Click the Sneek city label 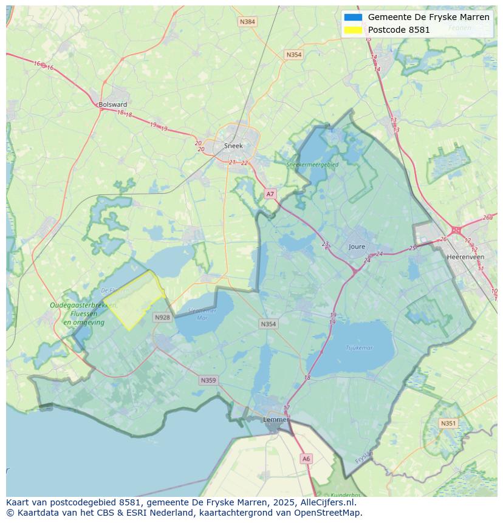pyautogui.click(x=233, y=146)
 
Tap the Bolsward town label pyautogui.click(x=113, y=104)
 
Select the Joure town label pyautogui.click(x=357, y=247)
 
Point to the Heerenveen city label pyautogui.click(x=465, y=257)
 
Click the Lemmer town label pyautogui.click(x=275, y=420)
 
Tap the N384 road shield pyautogui.click(x=247, y=22)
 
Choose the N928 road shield pyautogui.click(x=162, y=318)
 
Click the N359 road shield pyautogui.click(x=208, y=380)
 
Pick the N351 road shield pyautogui.click(x=448, y=423)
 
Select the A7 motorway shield pyautogui.click(x=270, y=194)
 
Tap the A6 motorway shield pyautogui.click(x=306, y=459)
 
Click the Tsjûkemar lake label pyautogui.click(x=359, y=348)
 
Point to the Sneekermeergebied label pyautogui.click(x=312, y=164)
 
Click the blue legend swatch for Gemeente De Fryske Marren pyautogui.click(x=353, y=17)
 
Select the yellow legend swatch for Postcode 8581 pyautogui.click(x=353, y=30)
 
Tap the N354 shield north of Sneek pyautogui.click(x=293, y=55)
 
